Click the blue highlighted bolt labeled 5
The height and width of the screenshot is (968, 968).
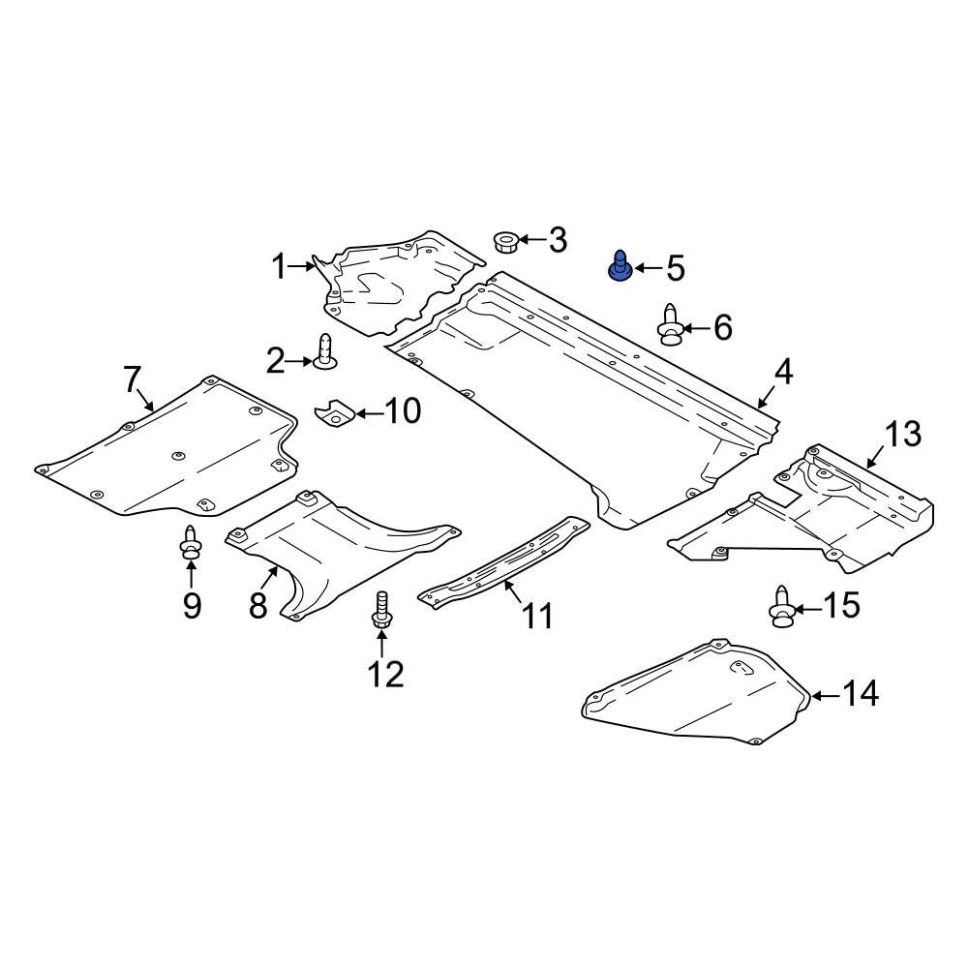pyautogui.click(x=618, y=265)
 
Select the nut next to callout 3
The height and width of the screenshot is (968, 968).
pyautogui.click(x=504, y=240)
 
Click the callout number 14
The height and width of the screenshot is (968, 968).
pyautogui.click(x=860, y=693)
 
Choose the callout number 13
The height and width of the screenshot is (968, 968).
pyautogui.click(x=902, y=435)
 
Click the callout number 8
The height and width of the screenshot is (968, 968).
pyautogui.click(x=257, y=605)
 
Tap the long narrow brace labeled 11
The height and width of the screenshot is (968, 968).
pyautogui.click(x=503, y=563)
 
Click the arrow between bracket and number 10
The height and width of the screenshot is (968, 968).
pyautogui.click(x=369, y=413)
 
